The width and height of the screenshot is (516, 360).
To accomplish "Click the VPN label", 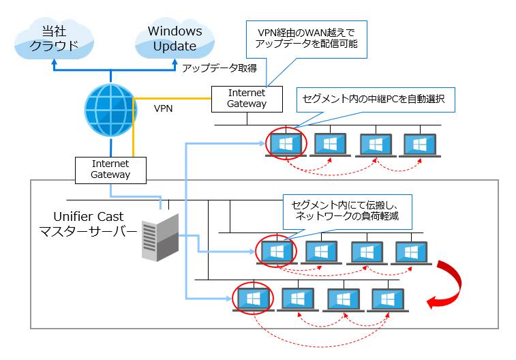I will click(x=164, y=108).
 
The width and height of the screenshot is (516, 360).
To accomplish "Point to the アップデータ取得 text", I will click(x=219, y=67).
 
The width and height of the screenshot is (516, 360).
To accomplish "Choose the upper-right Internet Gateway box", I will click(x=247, y=98).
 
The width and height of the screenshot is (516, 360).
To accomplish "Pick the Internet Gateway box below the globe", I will click(x=110, y=169).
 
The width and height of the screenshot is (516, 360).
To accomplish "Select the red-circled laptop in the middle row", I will click(x=277, y=252).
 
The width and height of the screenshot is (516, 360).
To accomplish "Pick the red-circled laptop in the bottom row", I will click(x=252, y=299).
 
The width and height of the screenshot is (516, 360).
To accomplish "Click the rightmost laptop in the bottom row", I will click(x=388, y=299).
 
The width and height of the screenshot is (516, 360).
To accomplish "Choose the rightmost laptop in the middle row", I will click(x=412, y=252).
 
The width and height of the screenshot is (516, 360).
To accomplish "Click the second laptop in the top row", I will click(x=331, y=145).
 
